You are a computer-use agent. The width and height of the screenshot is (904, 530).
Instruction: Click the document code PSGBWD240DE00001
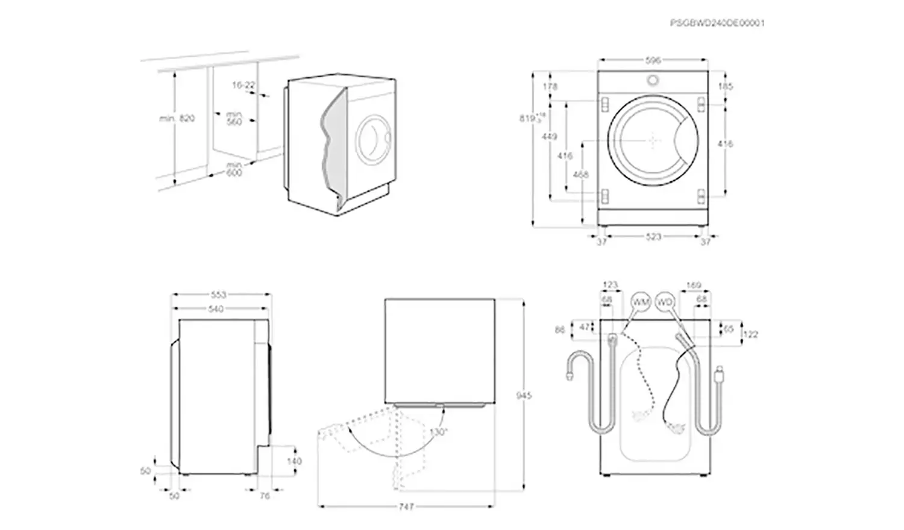pos(717,23)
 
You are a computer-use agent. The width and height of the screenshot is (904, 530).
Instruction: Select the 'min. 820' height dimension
pos(177,119)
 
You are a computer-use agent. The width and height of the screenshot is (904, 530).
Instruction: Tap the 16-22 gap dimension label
pos(243,86)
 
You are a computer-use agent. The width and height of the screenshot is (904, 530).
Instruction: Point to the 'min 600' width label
pos(234,169)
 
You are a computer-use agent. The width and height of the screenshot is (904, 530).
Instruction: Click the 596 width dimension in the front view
pos(653,60)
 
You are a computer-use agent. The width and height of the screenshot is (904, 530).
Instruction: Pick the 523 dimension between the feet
pos(653,237)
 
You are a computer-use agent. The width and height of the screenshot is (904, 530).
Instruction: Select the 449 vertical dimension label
pos(549,137)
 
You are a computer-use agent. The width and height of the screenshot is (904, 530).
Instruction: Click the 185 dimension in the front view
pos(726,87)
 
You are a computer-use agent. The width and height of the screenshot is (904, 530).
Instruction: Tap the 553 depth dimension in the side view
pos(218,295)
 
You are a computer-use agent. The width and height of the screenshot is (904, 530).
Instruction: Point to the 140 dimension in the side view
pos(294,461)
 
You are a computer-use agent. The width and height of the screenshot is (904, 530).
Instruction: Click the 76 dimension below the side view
pos(264,496)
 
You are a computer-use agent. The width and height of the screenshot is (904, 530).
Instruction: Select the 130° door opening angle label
pos(438,432)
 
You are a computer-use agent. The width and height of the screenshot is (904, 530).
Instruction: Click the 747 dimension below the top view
pos(406,507)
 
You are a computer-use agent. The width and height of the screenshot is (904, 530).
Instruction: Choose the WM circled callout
pos(640,302)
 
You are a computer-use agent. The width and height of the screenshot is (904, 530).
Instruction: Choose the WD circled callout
pos(664,302)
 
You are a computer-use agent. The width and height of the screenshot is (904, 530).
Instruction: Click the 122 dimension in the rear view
pos(750,334)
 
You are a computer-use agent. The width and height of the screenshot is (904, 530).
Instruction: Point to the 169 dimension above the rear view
pos(694,285)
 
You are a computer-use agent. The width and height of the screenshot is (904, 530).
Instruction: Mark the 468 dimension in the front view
pos(580,175)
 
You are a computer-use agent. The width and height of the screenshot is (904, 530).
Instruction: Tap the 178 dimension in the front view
pos(550,87)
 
